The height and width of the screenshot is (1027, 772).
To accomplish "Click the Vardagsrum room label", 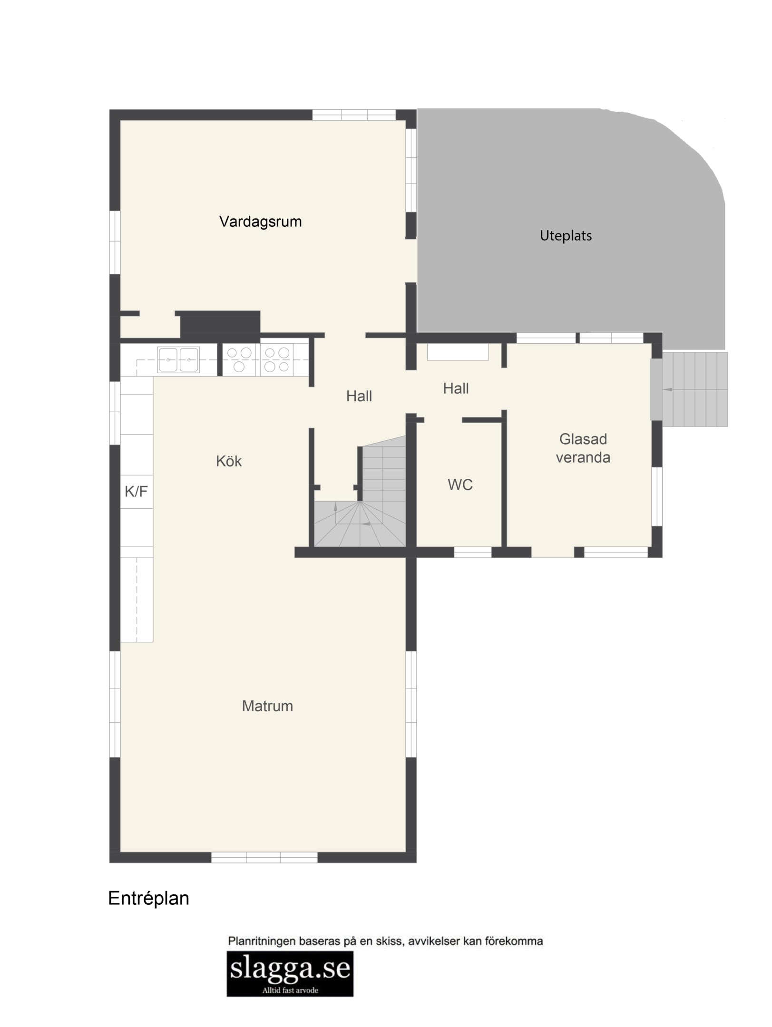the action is tap(260, 222).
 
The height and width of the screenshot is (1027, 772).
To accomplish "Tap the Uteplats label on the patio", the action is tap(566, 236).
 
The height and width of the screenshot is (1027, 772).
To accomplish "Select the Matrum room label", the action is tap(267, 706).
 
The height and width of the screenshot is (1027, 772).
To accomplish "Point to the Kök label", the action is tap(229, 461).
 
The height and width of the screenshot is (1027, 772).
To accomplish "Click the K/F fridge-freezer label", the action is tap(136, 491).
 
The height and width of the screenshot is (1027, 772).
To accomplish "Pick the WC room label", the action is tap(460, 485).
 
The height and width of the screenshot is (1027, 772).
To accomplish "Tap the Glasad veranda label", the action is tap(583, 448).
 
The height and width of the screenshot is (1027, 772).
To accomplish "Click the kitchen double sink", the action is tap(178, 360).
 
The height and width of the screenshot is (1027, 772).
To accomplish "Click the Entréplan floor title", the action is tap(149, 898).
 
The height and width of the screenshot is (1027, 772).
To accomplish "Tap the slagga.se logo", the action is tap(290, 973).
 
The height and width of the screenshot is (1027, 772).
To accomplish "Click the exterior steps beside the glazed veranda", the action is tap(695, 389).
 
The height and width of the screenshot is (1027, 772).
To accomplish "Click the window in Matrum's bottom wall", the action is tap(264, 857).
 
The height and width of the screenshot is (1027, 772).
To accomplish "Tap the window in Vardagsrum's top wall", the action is tap(354, 115).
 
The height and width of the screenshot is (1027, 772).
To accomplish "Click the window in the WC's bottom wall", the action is tap(472, 552).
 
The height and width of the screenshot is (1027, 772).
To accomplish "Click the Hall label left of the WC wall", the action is tap(359, 396).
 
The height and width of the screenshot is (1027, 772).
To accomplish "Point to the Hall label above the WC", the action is tap(456, 388).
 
